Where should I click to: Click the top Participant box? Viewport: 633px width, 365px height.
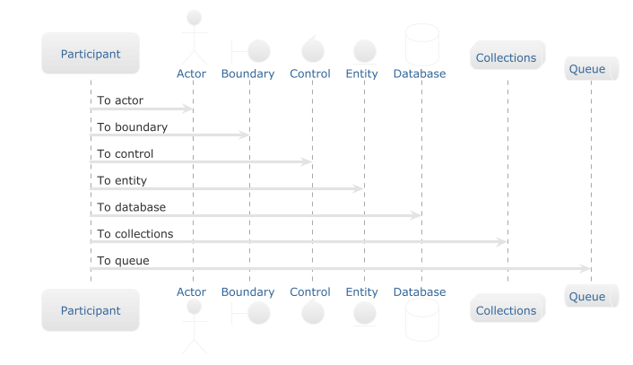(x=91, y=53)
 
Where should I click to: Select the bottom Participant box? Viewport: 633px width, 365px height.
(x=91, y=310)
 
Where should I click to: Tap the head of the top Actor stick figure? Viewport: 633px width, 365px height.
(x=195, y=18)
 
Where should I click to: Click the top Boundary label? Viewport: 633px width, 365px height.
(x=247, y=74)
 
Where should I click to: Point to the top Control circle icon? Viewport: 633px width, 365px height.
(x=312, y=50)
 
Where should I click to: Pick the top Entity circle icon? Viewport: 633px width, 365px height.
(x=365, y=52)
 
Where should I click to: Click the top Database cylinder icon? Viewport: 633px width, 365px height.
(x=422, y=45)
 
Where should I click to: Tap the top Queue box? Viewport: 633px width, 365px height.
(x=592, y=69)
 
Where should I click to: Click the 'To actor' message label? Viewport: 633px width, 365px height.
(x=120, y=100)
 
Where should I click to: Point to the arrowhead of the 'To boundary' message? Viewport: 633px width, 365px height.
(x=244, y=135)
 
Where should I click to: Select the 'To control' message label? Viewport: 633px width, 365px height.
(x=126, y=154)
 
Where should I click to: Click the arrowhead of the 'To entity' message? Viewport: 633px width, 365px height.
(x=359, y=188)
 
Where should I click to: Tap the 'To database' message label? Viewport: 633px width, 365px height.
(x=132, y=207)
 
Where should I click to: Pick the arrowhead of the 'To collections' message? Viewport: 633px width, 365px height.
(x=502, y=242)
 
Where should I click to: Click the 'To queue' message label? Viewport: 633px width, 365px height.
(x=123, y=261)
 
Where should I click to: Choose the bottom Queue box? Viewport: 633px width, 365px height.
(x=592, y=296)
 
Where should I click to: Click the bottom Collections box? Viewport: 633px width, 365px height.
(x=507, y=309)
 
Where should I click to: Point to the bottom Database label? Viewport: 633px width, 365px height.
(x=420, y=292)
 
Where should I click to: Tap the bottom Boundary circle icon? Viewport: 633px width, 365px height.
(x=259, y=313)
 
